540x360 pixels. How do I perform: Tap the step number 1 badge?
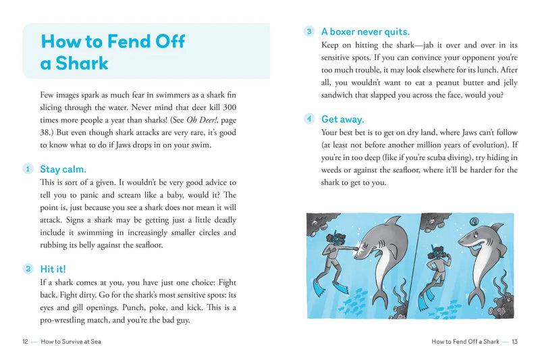coord(28,169)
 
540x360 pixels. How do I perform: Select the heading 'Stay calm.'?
coord(63,169)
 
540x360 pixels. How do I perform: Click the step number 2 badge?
coord(28,268)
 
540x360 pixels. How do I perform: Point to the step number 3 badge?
coord(309,31)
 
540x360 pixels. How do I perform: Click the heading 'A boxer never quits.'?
coord(365,31)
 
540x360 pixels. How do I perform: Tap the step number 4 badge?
coord(309,118)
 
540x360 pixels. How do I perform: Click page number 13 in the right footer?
coord(514,342)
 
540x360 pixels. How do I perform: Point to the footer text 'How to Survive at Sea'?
coord(71,342)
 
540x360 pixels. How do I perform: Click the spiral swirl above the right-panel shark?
coord(474,220)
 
